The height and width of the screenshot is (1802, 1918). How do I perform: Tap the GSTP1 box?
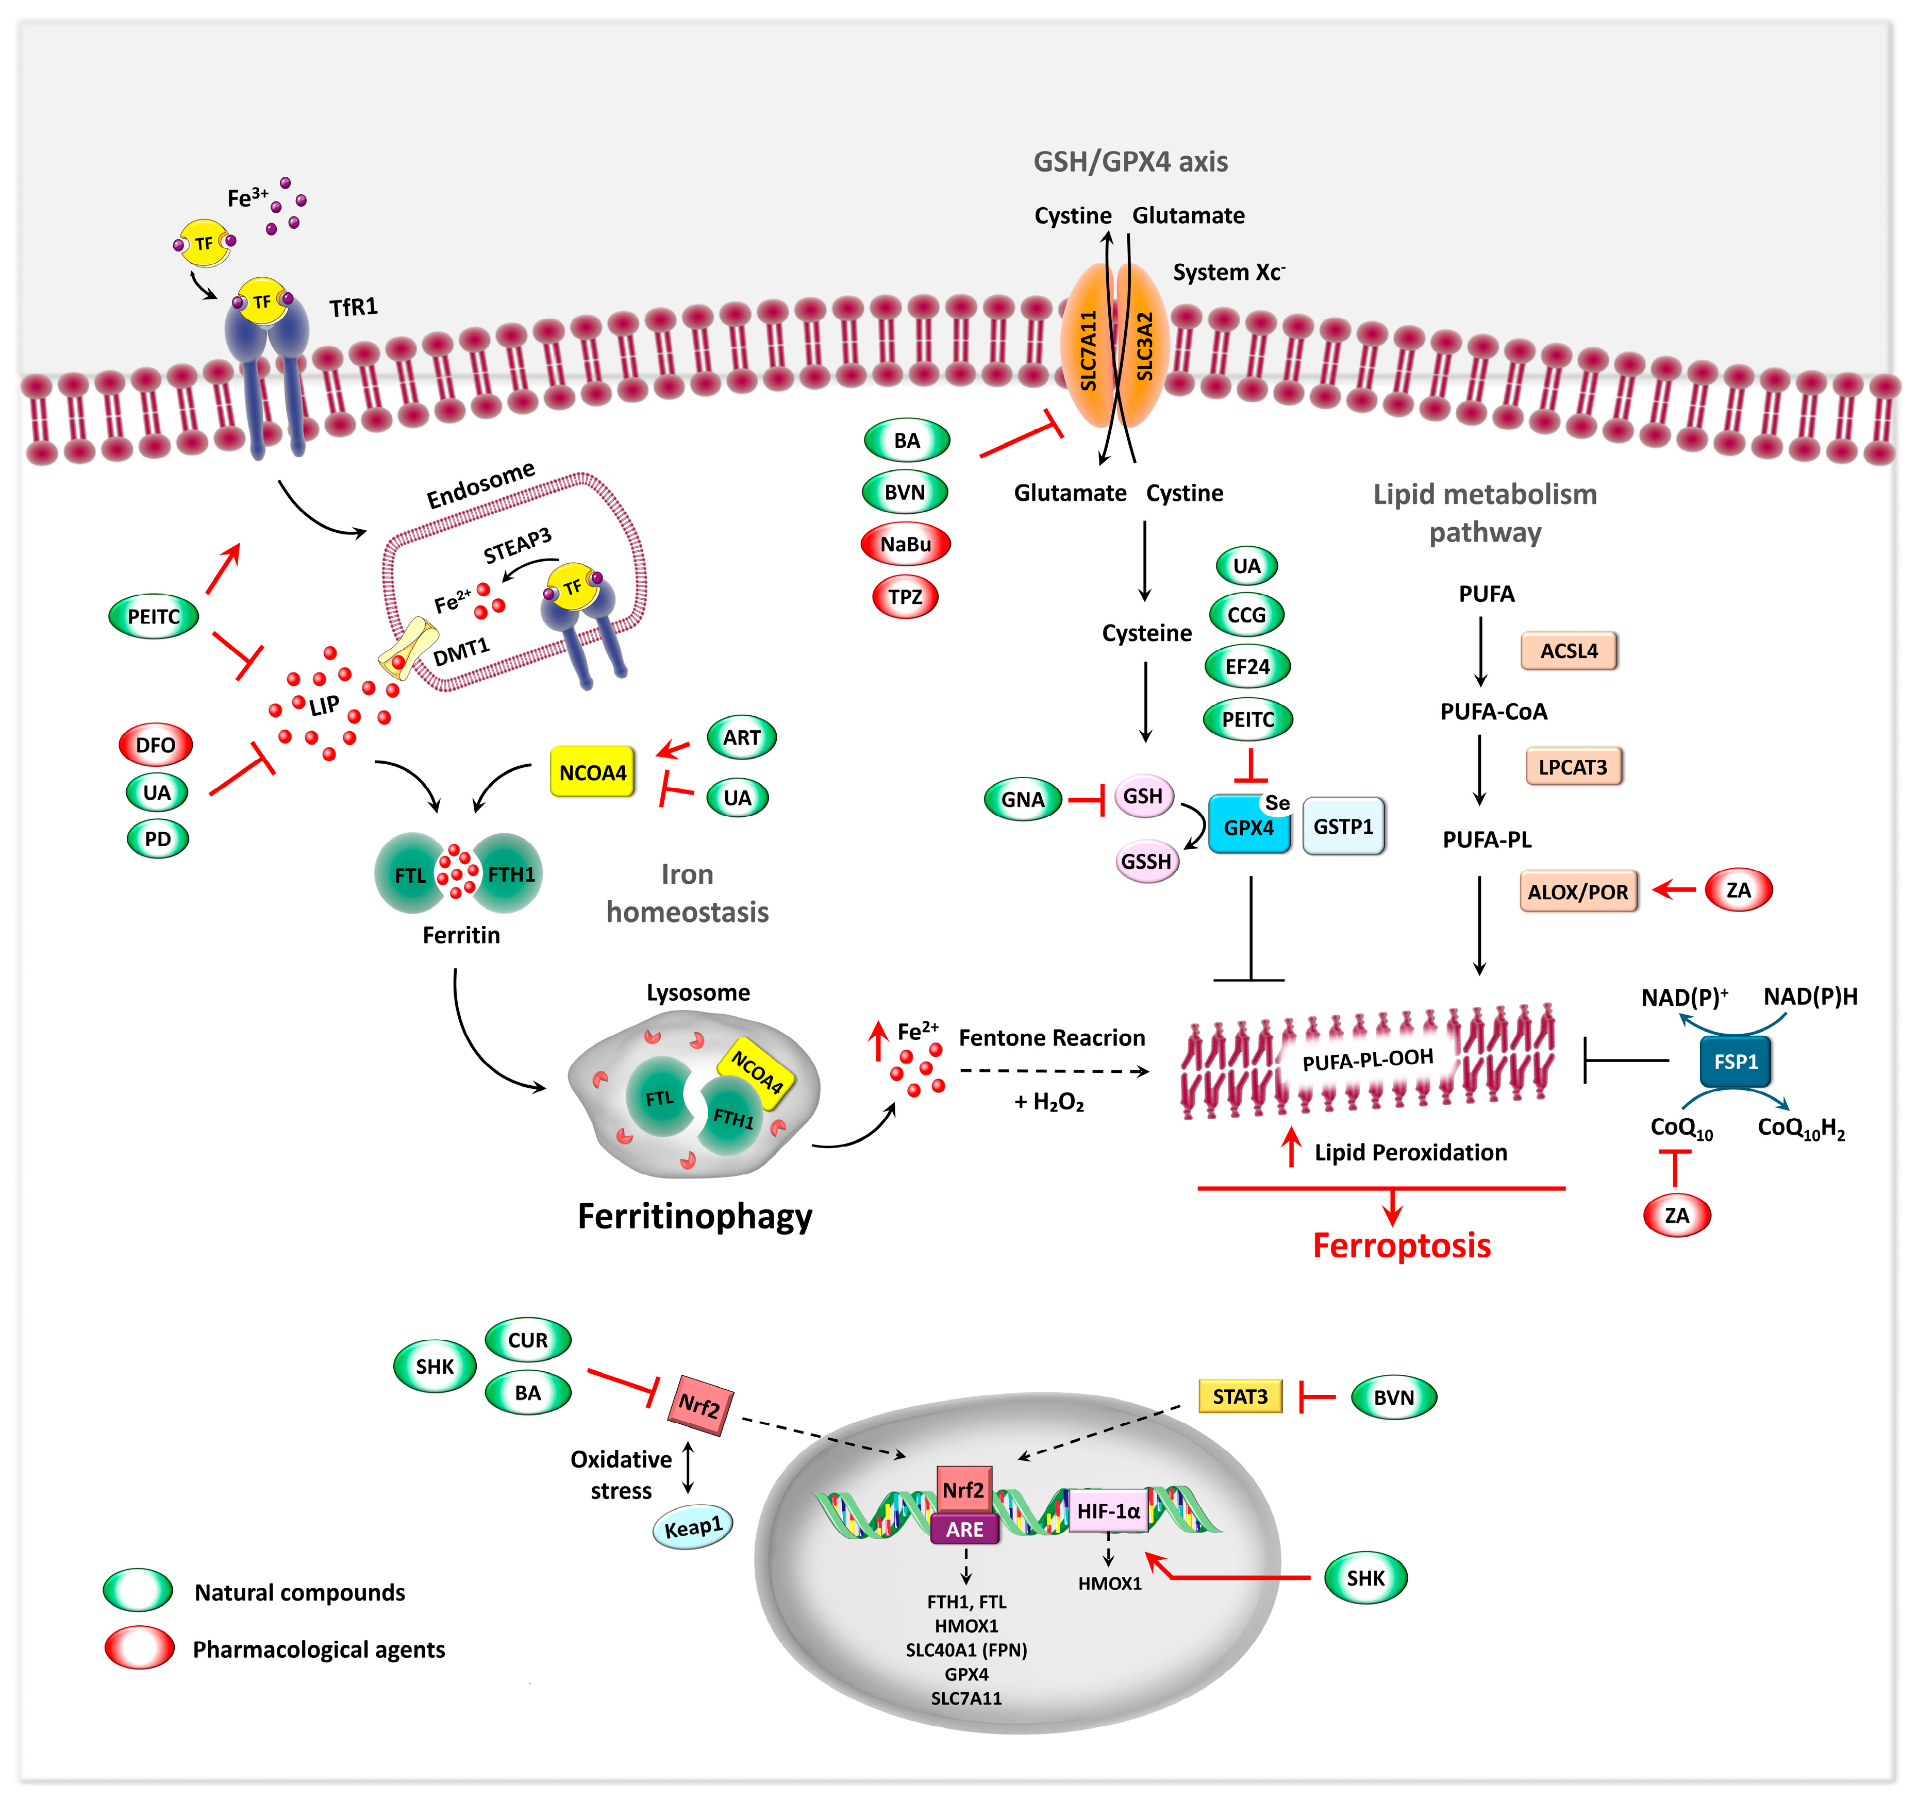click(1343, 826)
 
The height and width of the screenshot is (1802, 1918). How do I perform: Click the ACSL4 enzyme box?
click(1568, 651)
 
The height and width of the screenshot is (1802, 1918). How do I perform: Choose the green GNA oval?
click(1023, 799)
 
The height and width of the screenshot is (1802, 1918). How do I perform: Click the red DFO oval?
click(155, 745)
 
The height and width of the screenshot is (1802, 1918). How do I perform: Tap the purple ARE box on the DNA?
click(965, 1529)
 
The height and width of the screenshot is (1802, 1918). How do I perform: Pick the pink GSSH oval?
click(1146, 861)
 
